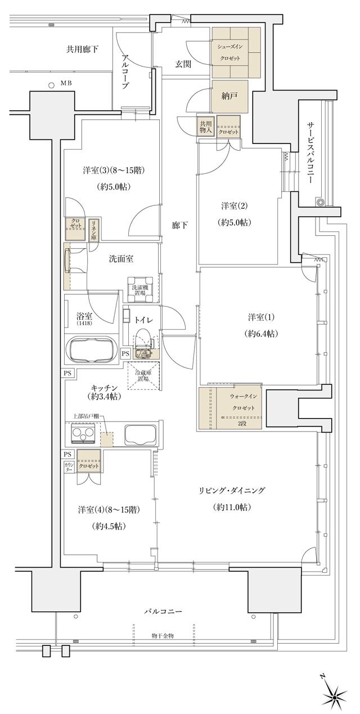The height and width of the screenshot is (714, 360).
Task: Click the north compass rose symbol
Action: tap(334, 698)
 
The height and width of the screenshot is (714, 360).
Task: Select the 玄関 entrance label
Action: tap(183, 64)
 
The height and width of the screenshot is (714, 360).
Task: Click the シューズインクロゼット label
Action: tap(236, 52)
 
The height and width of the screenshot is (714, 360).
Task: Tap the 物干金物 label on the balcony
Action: tap(163, 635)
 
